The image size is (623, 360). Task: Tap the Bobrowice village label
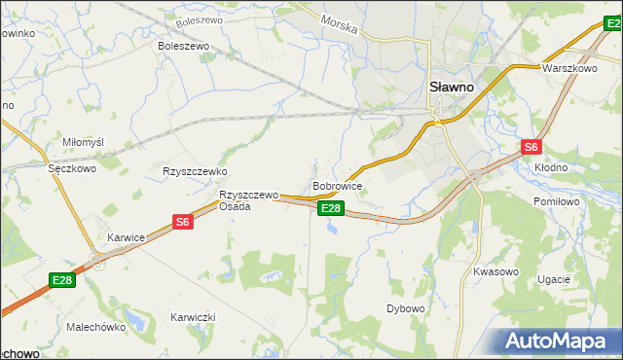click(338, 184)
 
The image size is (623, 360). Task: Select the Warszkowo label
click(569, 69)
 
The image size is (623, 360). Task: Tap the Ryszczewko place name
click(195, 170)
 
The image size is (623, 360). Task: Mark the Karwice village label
click(127, 236)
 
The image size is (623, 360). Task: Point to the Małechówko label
click(96, 327)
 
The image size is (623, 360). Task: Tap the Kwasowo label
click(495, 271)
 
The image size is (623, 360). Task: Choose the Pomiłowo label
click(558, 201)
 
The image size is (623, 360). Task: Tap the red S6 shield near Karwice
click(183, 222)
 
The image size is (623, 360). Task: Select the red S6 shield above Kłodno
click(530, 147)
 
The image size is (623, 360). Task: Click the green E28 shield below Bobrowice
click(331, 208)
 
